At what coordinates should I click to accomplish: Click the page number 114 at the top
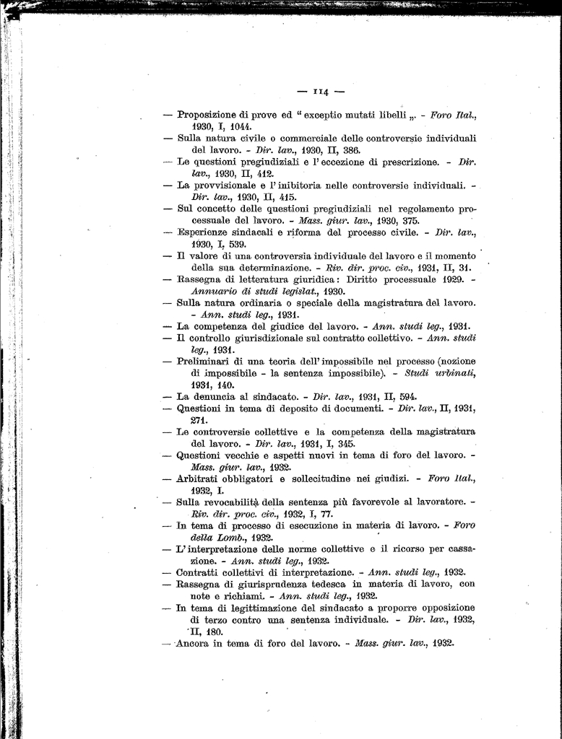321,92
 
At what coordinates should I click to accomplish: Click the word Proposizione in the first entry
208,114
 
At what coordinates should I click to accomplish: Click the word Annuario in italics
214,291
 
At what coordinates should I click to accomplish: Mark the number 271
200,420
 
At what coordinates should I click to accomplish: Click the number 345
346,443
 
